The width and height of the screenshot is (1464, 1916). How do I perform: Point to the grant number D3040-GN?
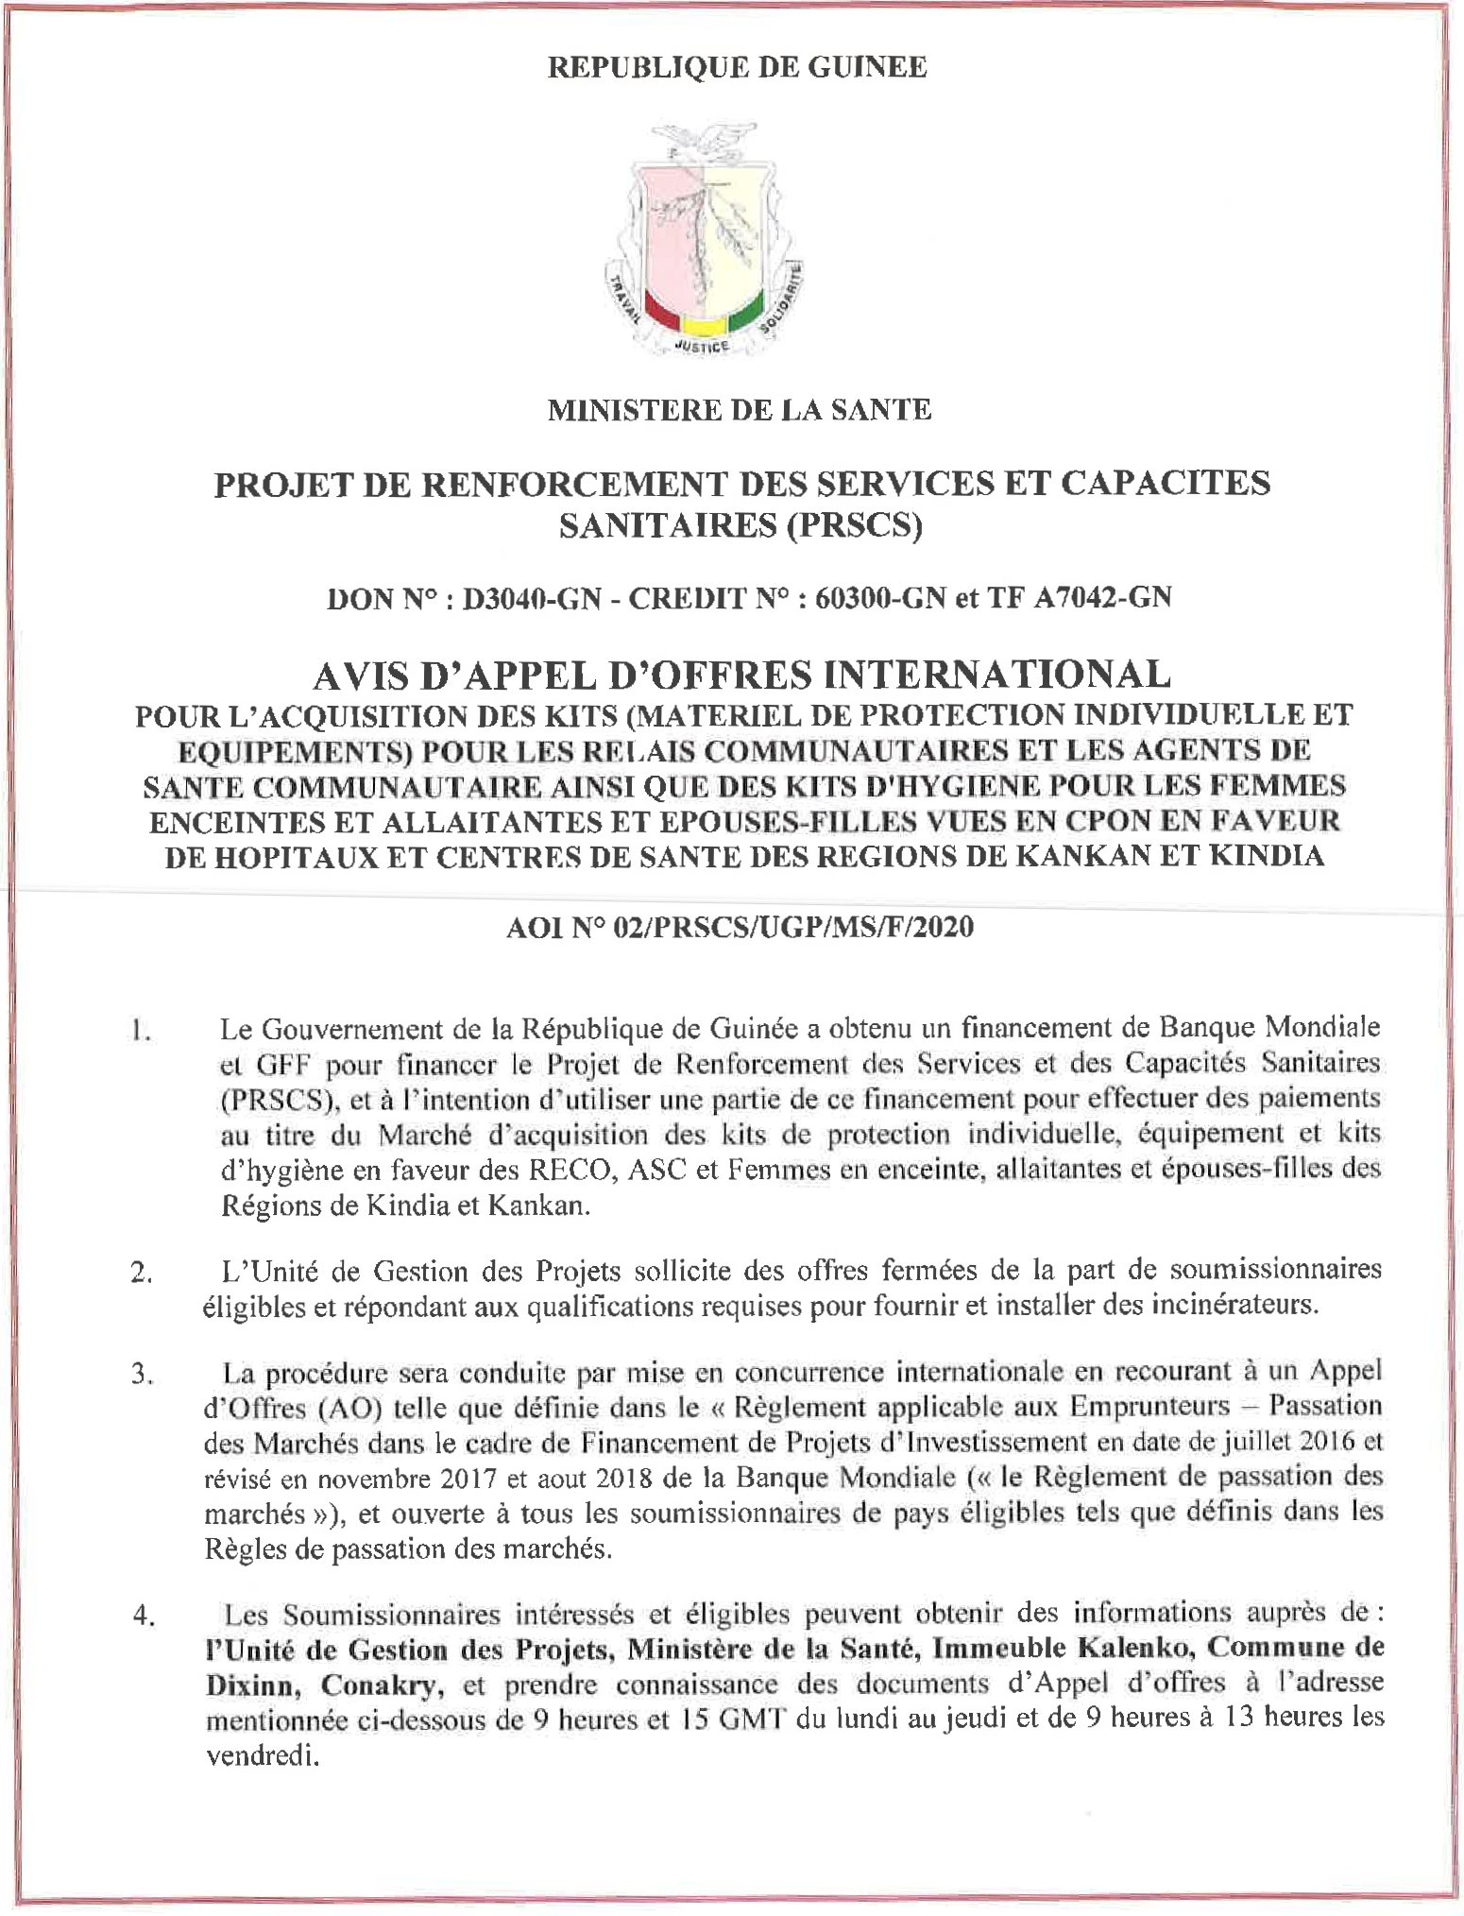tap(530, 598)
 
